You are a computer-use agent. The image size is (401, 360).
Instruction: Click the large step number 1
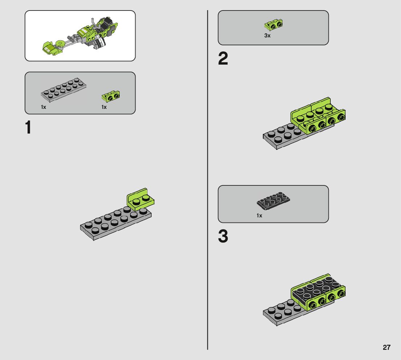click(x=28, y=127)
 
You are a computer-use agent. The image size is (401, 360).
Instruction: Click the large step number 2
click(x=223, y=58)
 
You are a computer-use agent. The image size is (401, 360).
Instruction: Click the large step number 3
click(x=223, y=236)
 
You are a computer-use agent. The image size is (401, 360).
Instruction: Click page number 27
click(x=386, y=347)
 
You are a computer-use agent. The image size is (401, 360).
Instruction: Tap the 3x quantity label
click(x=267, y=36)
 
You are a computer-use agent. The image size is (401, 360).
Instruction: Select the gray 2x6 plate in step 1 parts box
click(x=63, y=88)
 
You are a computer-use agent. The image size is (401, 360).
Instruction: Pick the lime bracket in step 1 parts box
click(x=111, y=96)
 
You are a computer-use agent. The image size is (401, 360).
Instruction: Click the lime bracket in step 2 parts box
click(x=273, y=25)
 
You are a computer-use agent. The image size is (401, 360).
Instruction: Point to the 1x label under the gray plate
click(x=44, y=107)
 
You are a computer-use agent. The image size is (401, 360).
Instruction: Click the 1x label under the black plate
click(x=259, y=216)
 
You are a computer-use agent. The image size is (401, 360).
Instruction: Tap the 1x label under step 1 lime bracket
click(x=104, y=107)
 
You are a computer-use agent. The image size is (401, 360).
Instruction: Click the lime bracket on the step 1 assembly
click(x=140, y=199)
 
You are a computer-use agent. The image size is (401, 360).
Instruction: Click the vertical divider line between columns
click(x=208, y=180)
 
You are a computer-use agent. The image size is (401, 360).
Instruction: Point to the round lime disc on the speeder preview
click(x=60, y=43)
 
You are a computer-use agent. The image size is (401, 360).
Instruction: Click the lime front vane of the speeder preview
click(x=52, y=48)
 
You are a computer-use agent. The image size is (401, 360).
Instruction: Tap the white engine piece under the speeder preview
click(x=102, y=42)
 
